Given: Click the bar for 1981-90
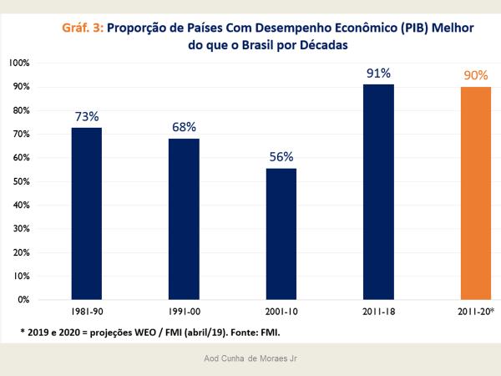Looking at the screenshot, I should pos(86,213).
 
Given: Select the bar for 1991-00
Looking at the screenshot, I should pos(184,219).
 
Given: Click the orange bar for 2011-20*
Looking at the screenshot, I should pos(476,193).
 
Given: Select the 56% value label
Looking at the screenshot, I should pos(281,155).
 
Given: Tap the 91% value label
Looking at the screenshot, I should pos(378,72).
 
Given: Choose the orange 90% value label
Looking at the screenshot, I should pos(476,75).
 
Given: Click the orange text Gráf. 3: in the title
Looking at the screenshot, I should pos(83,27).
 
